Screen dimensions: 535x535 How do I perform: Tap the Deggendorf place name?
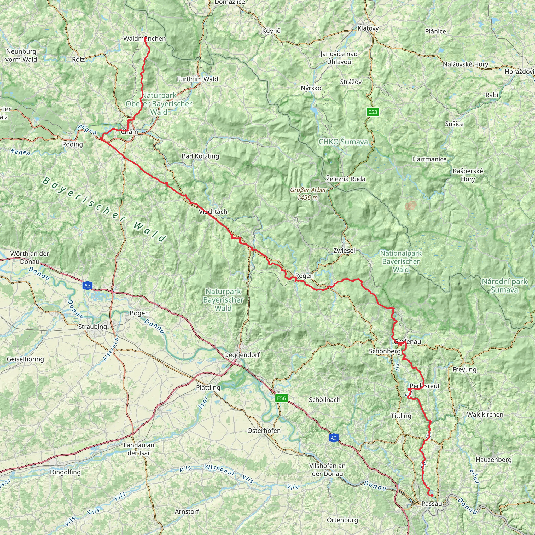point(242,355)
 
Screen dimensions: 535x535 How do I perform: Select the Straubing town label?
point(92,327)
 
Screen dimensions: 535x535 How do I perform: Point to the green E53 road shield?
point(373,112)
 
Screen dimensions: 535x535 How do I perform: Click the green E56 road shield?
point(281,398)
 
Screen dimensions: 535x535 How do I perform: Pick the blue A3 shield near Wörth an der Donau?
point(87,286)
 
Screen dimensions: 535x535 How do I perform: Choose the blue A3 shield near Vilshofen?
point(333,438)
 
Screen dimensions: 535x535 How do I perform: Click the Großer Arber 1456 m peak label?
point(308,194)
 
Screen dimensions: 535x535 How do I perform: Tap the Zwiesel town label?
point(344,251)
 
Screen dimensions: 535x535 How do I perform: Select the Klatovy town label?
point(368,28)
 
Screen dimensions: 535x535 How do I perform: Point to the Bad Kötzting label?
point(200,156)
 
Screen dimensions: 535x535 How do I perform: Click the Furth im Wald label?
point(197,79)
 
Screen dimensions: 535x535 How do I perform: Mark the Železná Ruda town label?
point(346,179)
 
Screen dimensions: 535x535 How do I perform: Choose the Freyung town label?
point(464,369)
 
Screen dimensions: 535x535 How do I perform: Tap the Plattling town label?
point(208,387)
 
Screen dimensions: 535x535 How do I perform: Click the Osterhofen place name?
point(264,431)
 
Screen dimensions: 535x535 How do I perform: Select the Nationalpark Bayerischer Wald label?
point(401,261)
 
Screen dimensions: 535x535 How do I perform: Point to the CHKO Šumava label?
point(343,142)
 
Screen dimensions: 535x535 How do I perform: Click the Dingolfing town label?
point(65,472)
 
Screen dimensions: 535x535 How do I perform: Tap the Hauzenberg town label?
point(493,460)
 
